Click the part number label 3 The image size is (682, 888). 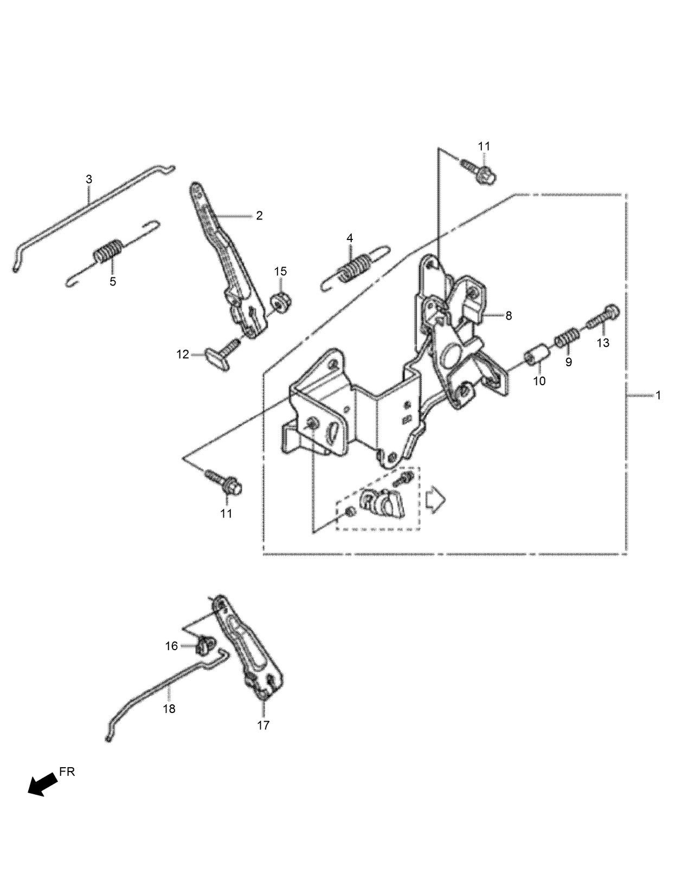(89, 179)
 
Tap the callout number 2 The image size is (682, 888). (259, 216)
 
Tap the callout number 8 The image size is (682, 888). (509, 315)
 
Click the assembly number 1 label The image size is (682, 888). (658, 396)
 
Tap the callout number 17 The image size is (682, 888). (263, 725)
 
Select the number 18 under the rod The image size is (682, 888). (169, 708)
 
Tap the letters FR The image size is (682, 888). (67, 772)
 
